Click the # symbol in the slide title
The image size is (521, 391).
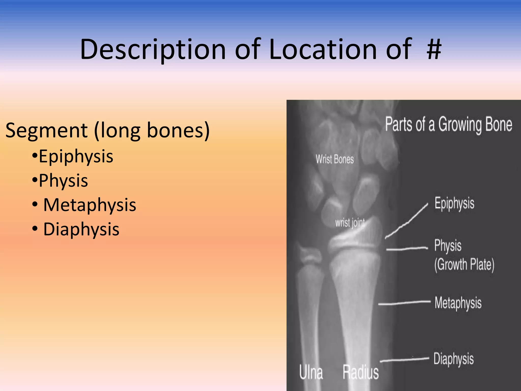(x=434, y=49)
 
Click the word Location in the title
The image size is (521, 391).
(x=323, y=49)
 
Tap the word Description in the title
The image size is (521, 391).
(x=153, y=49)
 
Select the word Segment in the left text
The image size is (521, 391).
(x=46, y=130)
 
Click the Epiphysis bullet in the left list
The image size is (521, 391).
(x=76, y=156)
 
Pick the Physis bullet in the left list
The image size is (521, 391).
(x=63, y=181)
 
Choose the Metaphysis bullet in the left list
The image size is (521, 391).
(x=89, y=205)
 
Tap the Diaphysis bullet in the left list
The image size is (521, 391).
(x=81, y=229)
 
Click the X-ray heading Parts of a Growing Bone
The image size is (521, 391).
(x=448, y=125)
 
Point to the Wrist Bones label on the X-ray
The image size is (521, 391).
(x=335, y=159)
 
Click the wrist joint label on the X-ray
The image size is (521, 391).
(x=350, y=223)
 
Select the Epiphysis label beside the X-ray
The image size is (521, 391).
(x=454, y=204)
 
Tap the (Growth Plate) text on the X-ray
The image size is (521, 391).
(x=464, y=265)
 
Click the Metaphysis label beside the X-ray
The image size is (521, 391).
(x=458, y=303)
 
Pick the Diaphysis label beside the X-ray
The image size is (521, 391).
(x=454, y=359)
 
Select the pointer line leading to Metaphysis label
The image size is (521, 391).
(x=404, y=303)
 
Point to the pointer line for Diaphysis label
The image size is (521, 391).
(x=404, y=359)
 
